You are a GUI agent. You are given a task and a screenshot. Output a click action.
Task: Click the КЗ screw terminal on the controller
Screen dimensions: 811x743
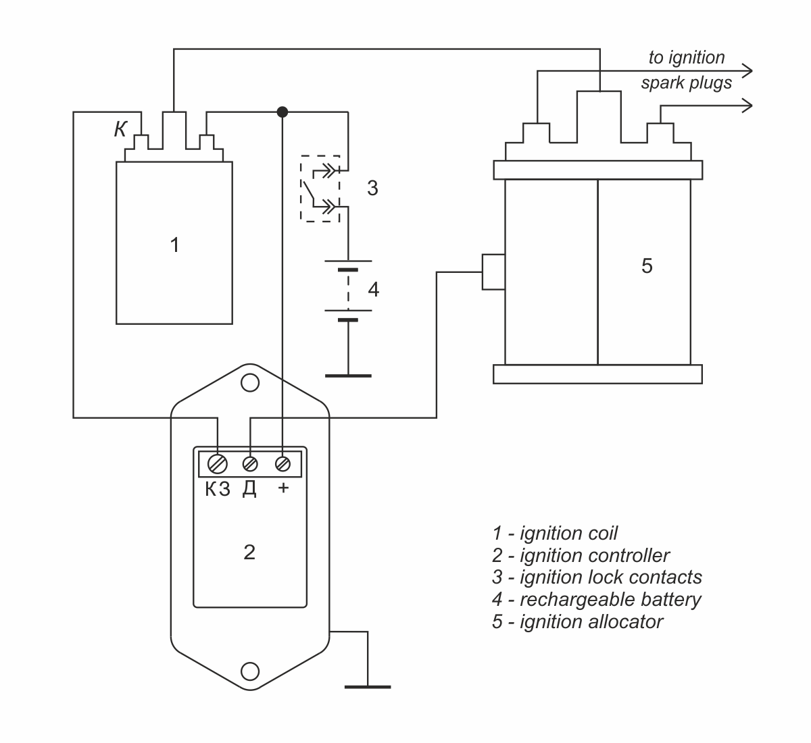click(x=218, y=464)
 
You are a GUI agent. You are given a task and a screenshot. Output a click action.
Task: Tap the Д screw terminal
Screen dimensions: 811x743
click(x=250, y=464)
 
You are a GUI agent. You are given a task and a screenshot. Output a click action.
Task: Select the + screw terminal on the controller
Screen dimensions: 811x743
click(x=282, y=464)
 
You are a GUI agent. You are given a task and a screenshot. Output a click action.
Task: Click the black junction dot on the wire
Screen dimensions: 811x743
click(x=282, y=112)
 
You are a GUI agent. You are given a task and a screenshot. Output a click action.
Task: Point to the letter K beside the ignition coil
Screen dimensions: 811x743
click(x=120, y=130)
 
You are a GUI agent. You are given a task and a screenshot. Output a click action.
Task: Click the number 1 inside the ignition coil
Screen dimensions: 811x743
click(x=174, y=245)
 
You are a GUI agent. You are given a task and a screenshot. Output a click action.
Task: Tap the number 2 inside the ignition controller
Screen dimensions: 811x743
click(x=249, y=553)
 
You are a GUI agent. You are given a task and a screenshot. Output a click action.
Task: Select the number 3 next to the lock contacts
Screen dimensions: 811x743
click(x=372, y=188)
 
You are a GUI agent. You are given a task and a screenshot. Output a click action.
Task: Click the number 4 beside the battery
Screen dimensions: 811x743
click(x=374, y=290)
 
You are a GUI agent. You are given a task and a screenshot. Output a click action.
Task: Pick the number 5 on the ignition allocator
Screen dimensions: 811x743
click(x=647, y=266)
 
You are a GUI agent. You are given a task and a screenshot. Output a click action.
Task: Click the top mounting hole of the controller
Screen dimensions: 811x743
click(x=250, y=383)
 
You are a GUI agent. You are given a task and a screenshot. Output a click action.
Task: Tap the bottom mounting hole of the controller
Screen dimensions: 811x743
click(x=250, y=671)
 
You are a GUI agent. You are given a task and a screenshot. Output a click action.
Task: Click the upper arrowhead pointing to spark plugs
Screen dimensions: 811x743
click(x=747, y=71)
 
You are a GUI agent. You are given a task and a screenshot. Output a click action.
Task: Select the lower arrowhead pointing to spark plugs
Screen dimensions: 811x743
click(x=747, y=106)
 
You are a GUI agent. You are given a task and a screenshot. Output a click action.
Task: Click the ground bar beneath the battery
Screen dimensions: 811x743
click(x=348, y=376)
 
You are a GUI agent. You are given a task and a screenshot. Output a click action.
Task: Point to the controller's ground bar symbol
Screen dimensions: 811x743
click(x=368, y=687)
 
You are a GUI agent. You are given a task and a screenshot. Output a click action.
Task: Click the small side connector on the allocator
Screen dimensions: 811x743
click(x=493, y=272)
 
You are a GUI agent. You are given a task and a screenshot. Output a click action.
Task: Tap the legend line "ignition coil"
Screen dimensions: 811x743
click(x=555, y=534)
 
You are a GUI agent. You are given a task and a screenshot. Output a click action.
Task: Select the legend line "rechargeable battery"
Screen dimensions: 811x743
click(x=596, y=600)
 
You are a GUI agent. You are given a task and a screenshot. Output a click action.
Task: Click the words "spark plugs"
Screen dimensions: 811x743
click(x=687, y=83)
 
